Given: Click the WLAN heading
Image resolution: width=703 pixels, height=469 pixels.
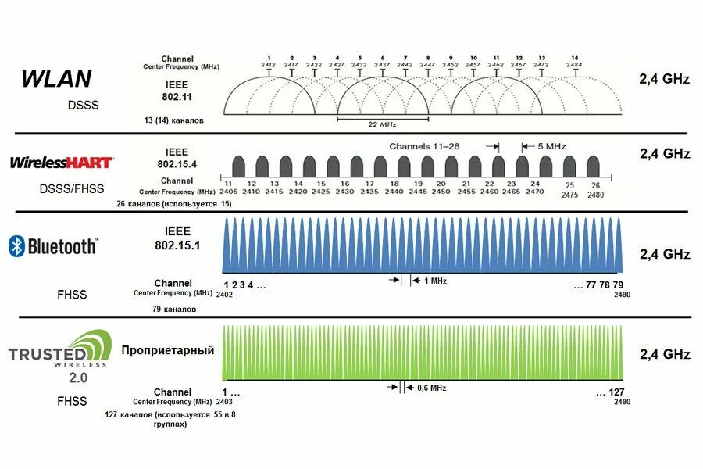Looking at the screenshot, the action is point(56,78).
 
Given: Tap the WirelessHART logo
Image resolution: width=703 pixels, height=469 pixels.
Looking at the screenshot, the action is point(61,163).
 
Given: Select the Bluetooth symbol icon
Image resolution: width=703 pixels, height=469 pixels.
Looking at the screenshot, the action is point(16,246).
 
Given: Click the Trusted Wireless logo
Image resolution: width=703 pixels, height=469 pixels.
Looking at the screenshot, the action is point(55,352).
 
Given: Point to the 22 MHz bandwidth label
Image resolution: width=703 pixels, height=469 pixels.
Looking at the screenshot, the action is point(382,124).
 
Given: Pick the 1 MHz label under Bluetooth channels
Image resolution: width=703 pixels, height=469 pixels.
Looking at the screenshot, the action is point(435,281).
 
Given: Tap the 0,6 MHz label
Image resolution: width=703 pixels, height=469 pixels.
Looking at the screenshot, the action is point(432,388).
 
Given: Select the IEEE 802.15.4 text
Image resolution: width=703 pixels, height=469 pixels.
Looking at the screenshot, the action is point(177,158).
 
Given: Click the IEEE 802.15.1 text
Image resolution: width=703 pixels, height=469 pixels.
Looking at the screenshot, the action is point(178,238).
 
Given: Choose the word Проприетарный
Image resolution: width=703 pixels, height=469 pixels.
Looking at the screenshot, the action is point(167,350).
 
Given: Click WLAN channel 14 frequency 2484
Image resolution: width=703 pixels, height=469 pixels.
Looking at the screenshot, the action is point(575,64).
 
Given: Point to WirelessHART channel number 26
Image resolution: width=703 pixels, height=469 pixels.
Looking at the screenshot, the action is point(596,185).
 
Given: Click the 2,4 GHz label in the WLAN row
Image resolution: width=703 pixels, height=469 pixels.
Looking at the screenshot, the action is point(665,78).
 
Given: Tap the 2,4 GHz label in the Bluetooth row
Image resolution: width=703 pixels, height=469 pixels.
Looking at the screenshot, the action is point(665,254).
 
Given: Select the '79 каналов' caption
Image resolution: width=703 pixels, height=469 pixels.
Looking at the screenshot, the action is point(174,309).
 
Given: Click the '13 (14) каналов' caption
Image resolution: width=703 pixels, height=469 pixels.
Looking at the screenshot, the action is point(174,120).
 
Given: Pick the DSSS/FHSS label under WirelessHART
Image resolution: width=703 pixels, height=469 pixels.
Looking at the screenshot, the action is point(71,188).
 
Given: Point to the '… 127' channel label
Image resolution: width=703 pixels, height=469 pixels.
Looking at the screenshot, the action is point(610,392).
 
